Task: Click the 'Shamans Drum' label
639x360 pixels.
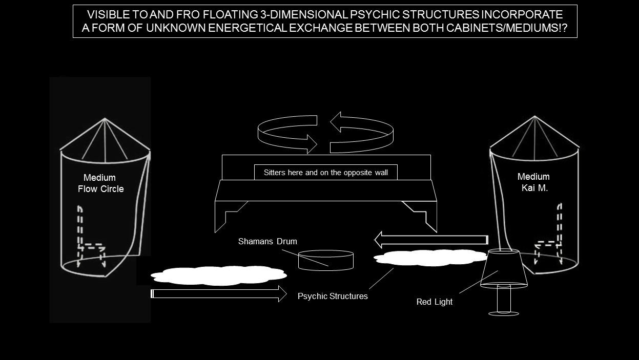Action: [x=267, y=241]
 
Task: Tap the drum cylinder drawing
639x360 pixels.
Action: [x=326, y=260]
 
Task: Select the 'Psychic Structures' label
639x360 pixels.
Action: [x=333, y=296]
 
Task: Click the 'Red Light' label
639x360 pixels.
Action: [x=434, y=302]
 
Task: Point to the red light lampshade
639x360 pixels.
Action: [x=504, y=268]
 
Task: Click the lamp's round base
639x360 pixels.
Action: [x=504, y=313]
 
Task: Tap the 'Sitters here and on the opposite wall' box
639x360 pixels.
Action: [x=326, y=173]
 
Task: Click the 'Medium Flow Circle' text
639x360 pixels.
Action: [x=100, y=183]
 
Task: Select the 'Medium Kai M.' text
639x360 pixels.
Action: [x=533, y=182]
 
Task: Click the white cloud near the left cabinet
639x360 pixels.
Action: [x=218, y=276]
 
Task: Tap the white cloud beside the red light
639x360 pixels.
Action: [x=429, y=257]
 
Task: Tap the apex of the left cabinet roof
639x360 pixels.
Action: [x=105, y=119]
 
